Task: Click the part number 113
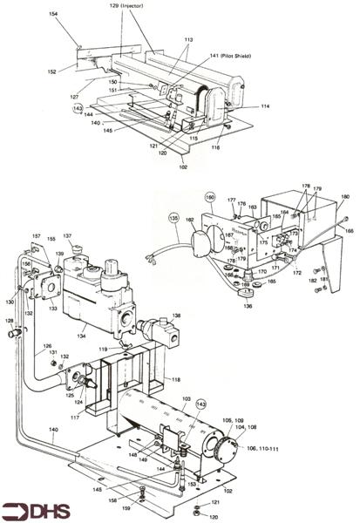click(x=188, y=40)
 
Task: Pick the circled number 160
click(x=210, y=197)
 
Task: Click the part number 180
click(x=345, y=197)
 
